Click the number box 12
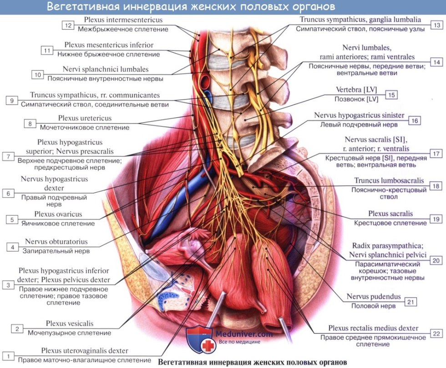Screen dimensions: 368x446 pyautogui.click(x=68, y=25)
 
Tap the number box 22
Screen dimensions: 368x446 pyautogui.click(x=436, y=333)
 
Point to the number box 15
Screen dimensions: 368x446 pyautogui.click(x=391, y=95)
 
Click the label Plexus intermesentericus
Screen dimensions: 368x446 pyautogui.click(x=123, y=20)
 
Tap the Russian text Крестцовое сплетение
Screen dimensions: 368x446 pyautogui.click(x=391, y=223)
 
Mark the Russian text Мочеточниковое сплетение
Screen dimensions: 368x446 pyautogui.click(x=84, y=127)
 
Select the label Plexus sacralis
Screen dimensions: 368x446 pyautogui.click(x=390, y=214)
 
